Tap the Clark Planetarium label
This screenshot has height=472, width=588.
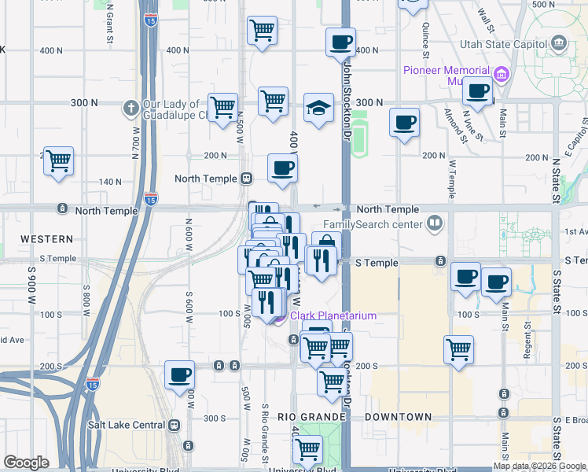click(x=333, y=315)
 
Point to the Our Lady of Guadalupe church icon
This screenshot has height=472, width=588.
click(x=130, y=106)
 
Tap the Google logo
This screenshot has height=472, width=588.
click(x=26, y=463)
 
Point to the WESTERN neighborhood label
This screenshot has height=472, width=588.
click(x=46, y=238)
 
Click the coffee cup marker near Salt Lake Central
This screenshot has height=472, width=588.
click(x=180, y=375)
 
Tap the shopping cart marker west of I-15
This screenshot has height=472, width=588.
click(x=59, y=161)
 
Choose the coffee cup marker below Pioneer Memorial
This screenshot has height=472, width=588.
click(x=477, y=91)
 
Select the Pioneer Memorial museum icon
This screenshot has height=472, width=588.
click(x=502, y=75)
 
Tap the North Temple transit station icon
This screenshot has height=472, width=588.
click(x=246, y=179)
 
